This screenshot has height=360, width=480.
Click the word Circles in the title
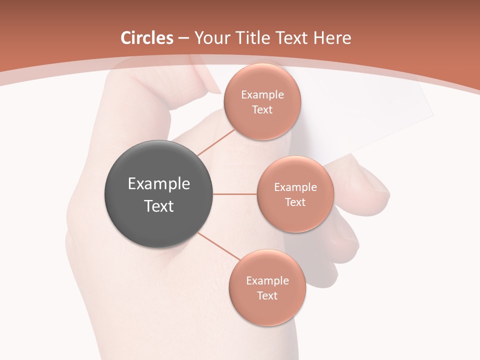point(147,38)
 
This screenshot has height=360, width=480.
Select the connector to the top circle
point(216,141)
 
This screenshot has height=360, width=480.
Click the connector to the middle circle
point(235,194)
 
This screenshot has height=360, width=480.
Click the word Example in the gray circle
point(159,184)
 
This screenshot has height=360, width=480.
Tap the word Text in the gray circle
point(159,206)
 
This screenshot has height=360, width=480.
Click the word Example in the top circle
point(262,95)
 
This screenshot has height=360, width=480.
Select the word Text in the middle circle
point(295,202)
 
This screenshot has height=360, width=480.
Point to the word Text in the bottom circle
point(267,296)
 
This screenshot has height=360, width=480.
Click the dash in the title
point(183,38)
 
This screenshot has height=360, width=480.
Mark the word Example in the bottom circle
point(267,281)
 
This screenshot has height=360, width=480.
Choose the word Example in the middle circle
point(295,187)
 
